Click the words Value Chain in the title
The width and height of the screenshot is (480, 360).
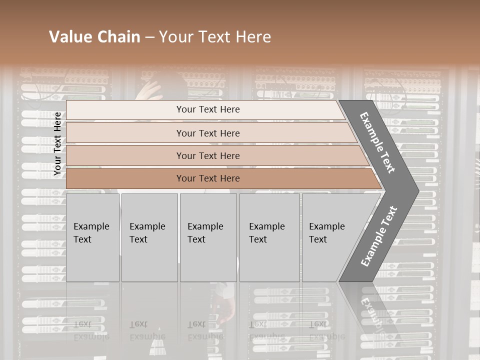click(x=94, y=37)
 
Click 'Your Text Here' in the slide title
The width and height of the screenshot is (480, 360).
click(x=215, y=37)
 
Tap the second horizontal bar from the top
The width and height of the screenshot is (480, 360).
click(x=208, y=133)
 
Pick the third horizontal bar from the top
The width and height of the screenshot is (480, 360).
click(x=208, y=155)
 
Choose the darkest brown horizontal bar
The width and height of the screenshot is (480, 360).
click(x=208, y=178)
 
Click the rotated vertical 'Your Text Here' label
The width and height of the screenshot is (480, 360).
click(x=57, y=143)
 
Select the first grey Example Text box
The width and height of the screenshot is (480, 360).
click(x=92, y=237)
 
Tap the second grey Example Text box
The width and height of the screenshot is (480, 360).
click(x=149, y=237)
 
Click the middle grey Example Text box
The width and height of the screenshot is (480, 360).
click(x=208, y=237)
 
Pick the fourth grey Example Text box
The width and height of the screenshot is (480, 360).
click(x=269, y=237)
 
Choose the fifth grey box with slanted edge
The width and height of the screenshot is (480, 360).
click(x=330, y=237)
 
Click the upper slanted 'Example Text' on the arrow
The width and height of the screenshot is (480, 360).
click(x=377, y=142)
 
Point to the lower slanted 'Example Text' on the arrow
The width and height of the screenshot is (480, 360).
click(x=379, y=236)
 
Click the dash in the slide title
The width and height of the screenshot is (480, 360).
click(x=149, y=37)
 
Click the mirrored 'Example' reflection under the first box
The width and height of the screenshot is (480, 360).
click(x=90, y=336)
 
